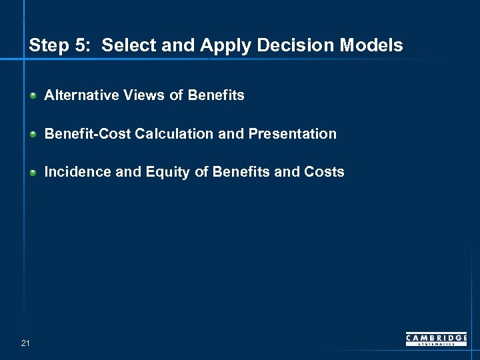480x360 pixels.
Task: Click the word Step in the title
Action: (x=48, y=46)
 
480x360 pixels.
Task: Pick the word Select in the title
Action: (x=126, y=45)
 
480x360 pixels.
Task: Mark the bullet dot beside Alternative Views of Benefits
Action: (x=33, y=96)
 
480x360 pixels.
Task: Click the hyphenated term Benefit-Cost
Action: (x=87, y=133)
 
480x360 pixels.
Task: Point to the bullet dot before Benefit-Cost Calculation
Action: (x=33, y=134)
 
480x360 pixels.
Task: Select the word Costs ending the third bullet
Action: (x=324, y=172)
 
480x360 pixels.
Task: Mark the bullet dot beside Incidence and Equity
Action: (x=33, y=173)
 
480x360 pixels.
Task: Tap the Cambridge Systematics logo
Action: (x=437, y=339)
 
